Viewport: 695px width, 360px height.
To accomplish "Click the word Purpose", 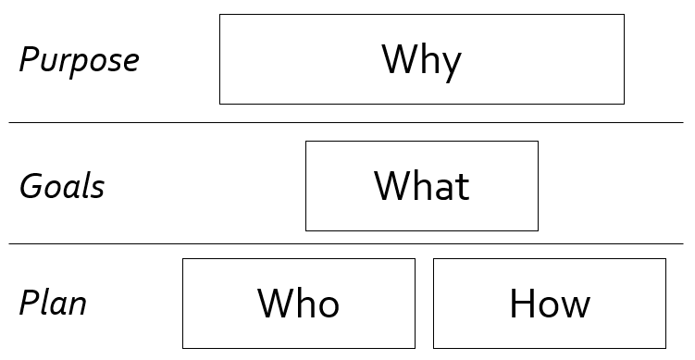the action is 79,61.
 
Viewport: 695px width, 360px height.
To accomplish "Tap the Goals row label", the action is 62,187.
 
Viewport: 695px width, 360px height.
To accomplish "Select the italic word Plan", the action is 53,304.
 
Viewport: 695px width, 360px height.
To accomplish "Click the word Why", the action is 421,60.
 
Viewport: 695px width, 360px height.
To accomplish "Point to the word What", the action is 421,186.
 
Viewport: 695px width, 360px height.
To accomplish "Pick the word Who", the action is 298,304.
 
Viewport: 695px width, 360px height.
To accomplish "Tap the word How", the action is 549,304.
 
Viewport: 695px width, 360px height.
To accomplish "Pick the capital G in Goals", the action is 31,187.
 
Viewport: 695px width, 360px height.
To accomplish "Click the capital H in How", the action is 522,304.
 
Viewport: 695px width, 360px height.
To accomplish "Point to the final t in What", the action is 462,187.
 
